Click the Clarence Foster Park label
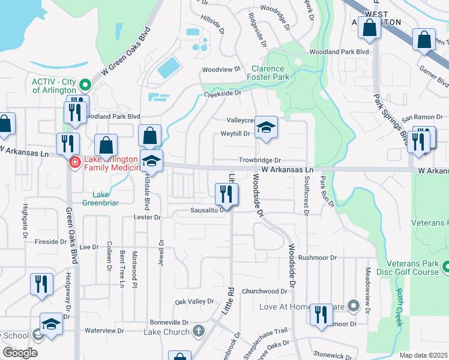click(270, 73)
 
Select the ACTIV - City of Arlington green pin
click(85, 85)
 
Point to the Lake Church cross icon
click(199, 331)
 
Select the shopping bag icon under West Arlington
click(370, 28)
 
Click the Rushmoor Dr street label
click(318, 257)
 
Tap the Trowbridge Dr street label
click(260, 160)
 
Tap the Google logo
click(20, 353)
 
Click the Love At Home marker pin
click(354, 307)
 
